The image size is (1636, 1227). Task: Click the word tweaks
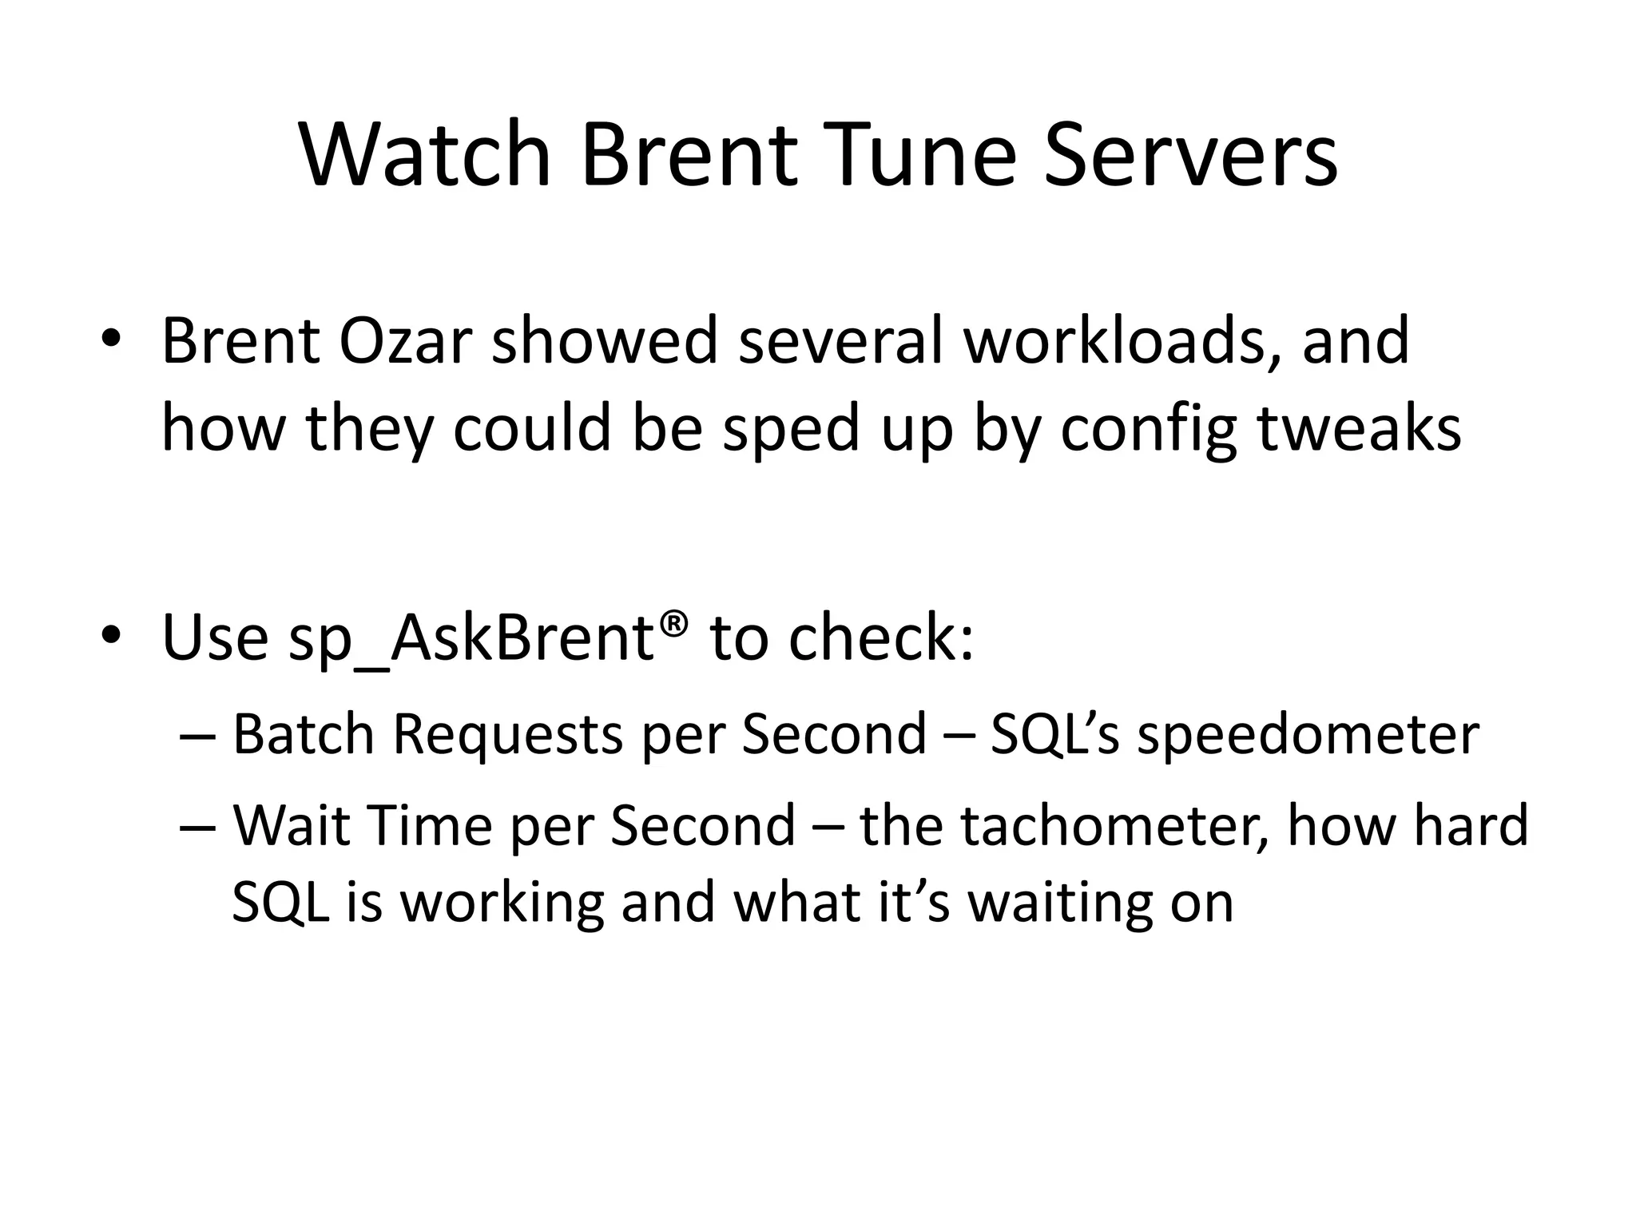[x=1360, y=429]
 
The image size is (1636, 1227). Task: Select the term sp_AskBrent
[x=471, y=639]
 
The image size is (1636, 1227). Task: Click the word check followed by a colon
[x=881, y=637]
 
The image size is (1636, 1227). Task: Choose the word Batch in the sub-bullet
[x=304, y=734]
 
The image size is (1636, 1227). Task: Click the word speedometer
[x=1308, y=734]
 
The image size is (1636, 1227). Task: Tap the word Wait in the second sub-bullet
[x=292, y=825]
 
